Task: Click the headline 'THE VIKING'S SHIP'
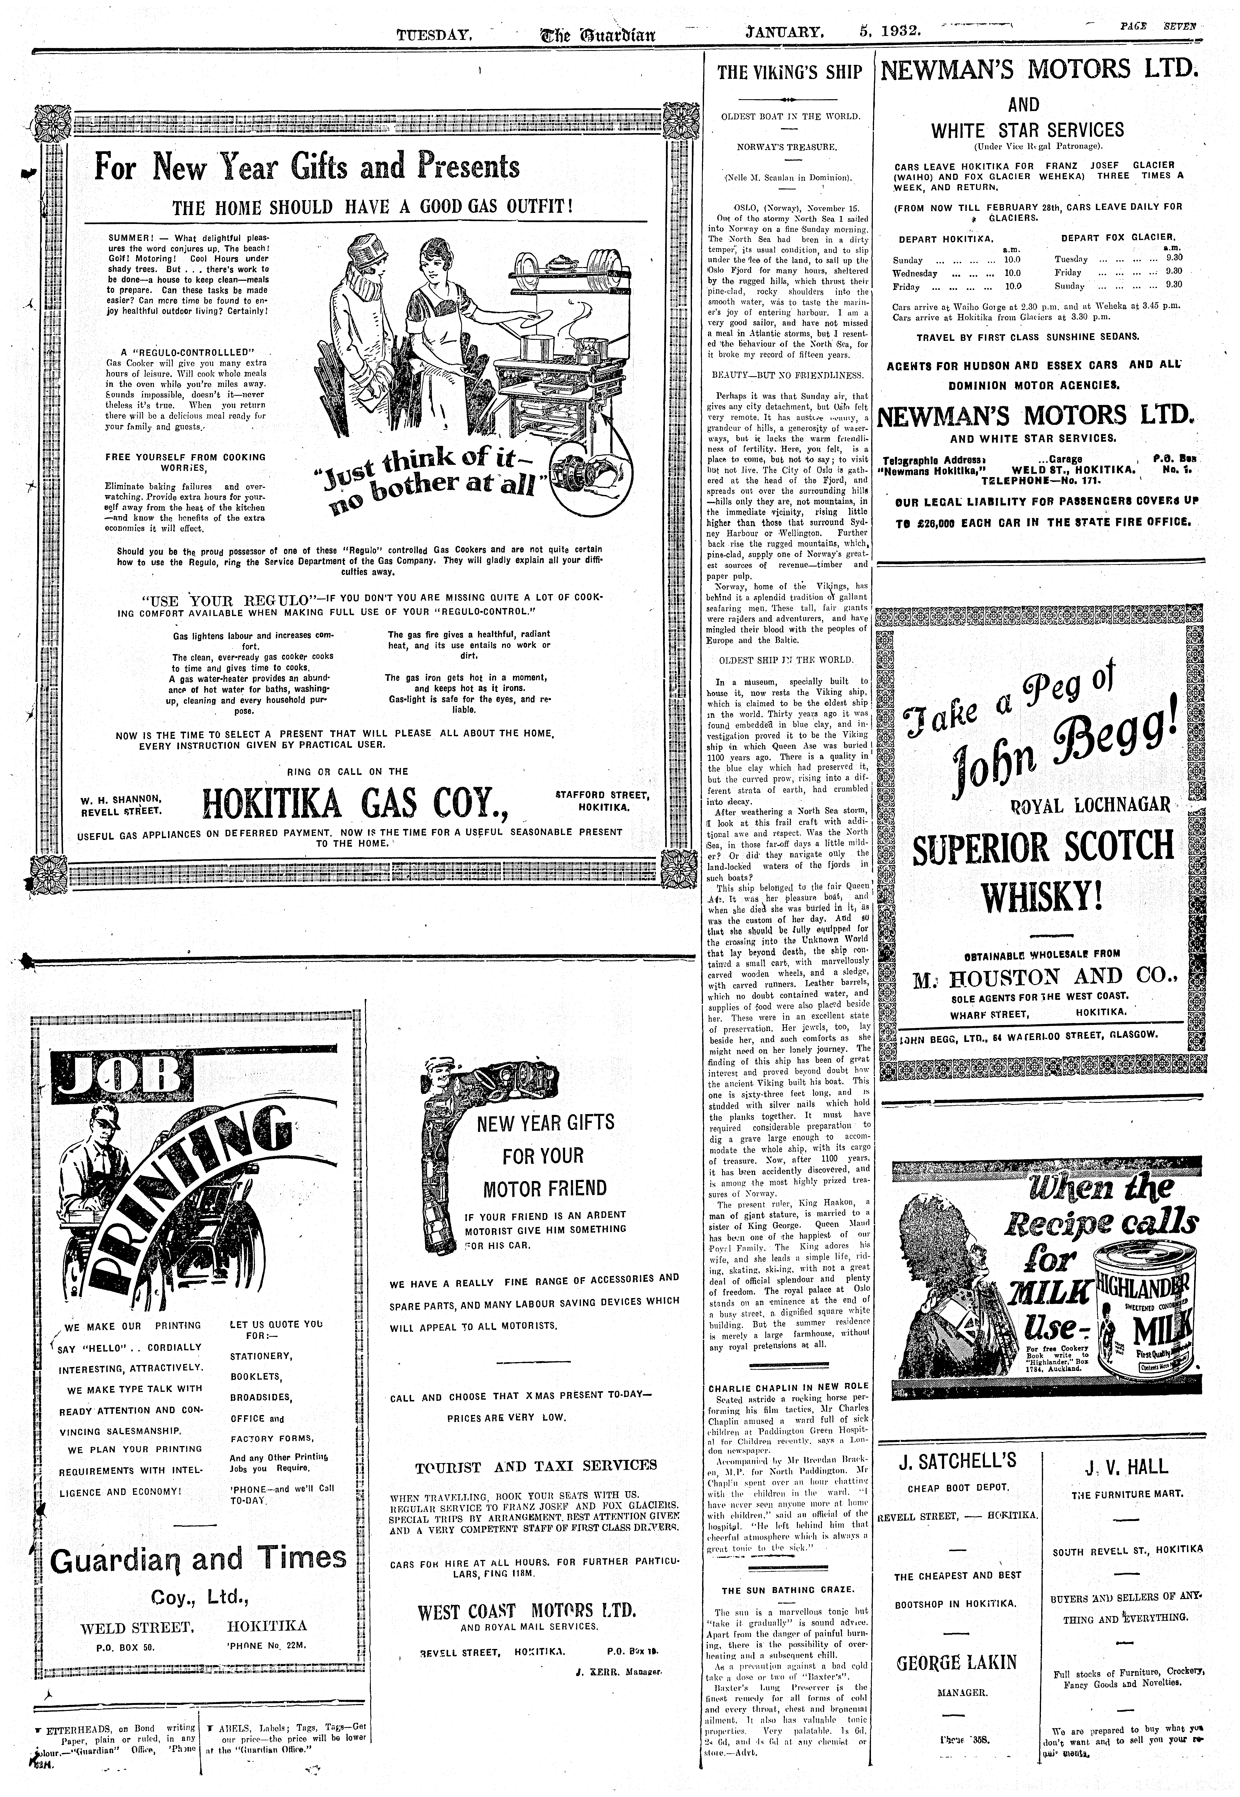[789, 73]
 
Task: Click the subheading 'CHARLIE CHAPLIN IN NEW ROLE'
[789, 1385]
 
